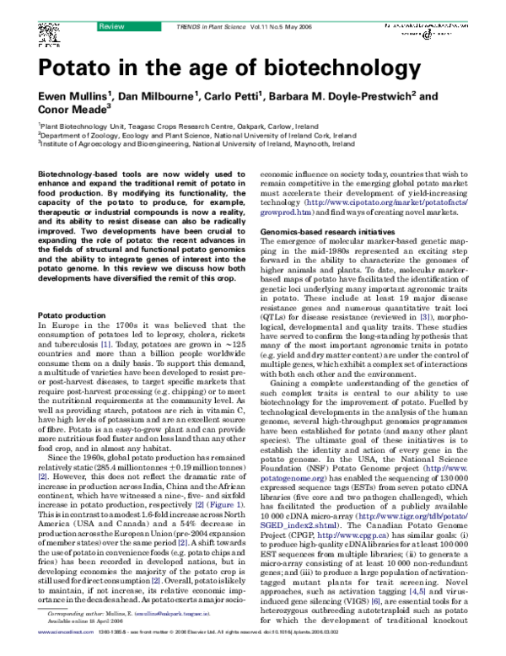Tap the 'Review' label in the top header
[x=112, y=6]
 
